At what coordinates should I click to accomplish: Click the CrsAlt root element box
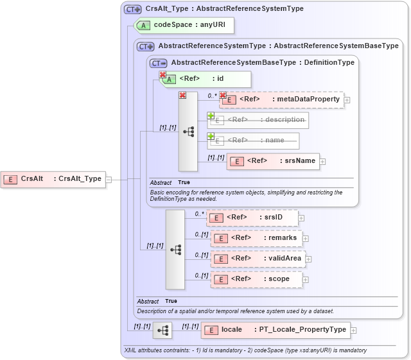[54, 179]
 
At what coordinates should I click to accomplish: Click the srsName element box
[273, 161]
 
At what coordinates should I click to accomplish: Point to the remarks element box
[257, 238]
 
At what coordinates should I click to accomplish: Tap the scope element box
[257, 279]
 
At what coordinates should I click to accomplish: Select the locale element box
[275, 330]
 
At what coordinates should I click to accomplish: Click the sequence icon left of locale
[164, 330]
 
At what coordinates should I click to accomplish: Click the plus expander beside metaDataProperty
[347, 99]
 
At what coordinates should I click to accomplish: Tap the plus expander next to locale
[353, 330]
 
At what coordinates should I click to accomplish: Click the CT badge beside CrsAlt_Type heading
[133, 9]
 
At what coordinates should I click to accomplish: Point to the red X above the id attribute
[162, 75]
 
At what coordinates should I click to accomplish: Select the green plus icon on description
[211, 116]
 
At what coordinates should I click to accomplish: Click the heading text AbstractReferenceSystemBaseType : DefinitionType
[263, 63]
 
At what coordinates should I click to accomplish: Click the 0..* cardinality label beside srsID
[199, 213]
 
